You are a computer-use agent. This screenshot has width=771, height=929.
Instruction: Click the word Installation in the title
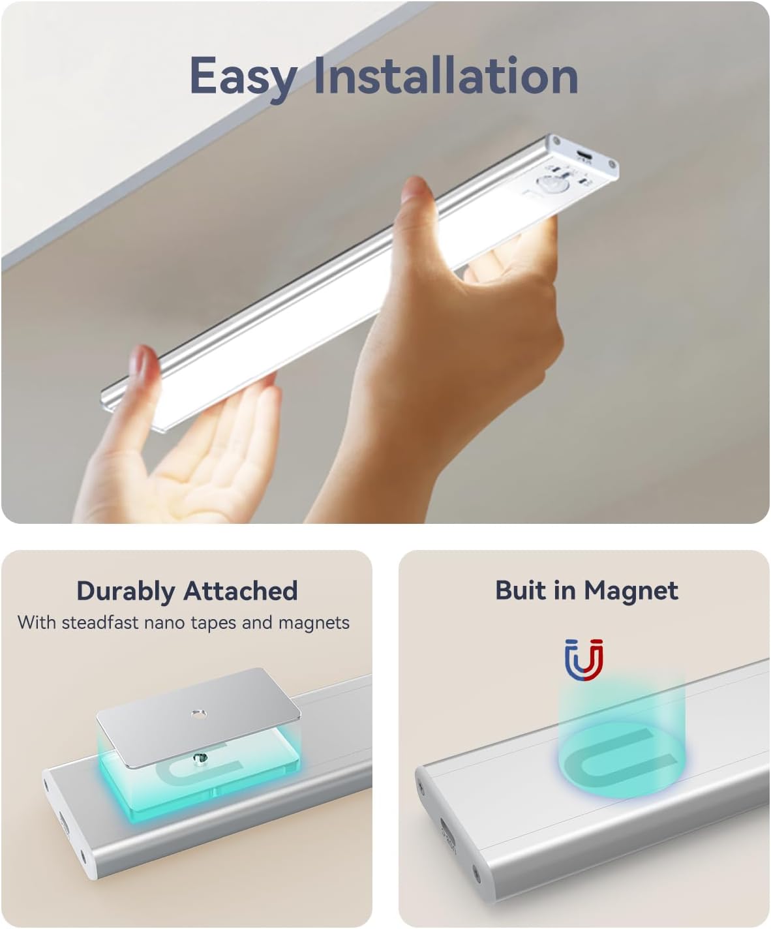click(x=446, y=75)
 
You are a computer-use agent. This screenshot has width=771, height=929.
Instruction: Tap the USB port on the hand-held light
click(x=583, y=156)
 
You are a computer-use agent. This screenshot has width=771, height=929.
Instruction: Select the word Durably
click(x=126, y=592)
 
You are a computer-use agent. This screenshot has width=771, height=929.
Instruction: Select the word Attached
click(x=241, y=590)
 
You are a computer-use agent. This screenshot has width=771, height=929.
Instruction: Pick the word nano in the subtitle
click(x=166, y=624)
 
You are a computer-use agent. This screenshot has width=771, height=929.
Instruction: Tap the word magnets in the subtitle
click(x=314, y=624)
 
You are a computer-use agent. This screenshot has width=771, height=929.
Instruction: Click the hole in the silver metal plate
click(x=198, y=714)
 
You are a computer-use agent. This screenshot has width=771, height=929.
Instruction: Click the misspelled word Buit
click(x=521, y=590)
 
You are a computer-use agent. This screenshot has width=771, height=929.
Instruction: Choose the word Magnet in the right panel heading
click(x=631, y=591)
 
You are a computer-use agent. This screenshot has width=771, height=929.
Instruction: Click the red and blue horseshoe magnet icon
click(x=584, y=660)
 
